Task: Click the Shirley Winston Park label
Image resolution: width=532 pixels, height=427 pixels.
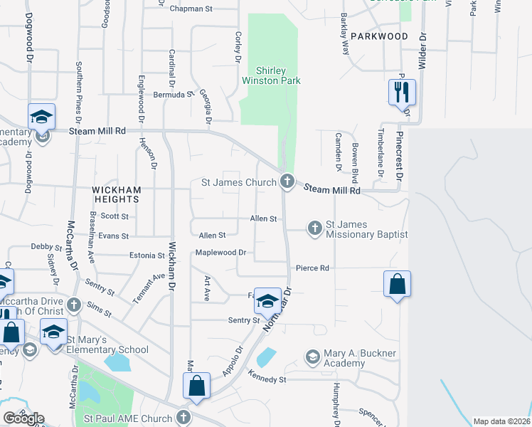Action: [272, 76]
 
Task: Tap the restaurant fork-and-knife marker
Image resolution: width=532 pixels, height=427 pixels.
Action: [401, 93]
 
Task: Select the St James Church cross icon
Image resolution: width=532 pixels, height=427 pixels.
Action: [287, 181]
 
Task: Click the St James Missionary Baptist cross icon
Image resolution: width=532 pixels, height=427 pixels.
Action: [315, 228]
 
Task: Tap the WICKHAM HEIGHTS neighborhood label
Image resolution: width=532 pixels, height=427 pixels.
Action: [117, 195]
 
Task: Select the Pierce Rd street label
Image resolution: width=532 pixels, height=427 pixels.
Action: [313, 268]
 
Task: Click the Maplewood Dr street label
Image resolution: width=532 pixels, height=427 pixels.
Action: [221, 253]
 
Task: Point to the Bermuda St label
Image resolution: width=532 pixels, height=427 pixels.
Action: [174, 94]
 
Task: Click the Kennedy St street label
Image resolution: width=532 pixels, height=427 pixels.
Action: [267, 379]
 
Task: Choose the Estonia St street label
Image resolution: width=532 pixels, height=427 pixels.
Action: [147, 255]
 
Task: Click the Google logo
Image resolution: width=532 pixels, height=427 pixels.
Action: [23, 418]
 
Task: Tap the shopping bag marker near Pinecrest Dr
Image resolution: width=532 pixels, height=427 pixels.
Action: [397, 285]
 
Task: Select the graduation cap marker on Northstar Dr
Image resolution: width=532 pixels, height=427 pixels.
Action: [267, 302]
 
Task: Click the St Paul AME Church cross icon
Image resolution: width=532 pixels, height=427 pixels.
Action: [183, 417]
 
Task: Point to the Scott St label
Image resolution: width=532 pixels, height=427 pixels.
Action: [115, 216]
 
